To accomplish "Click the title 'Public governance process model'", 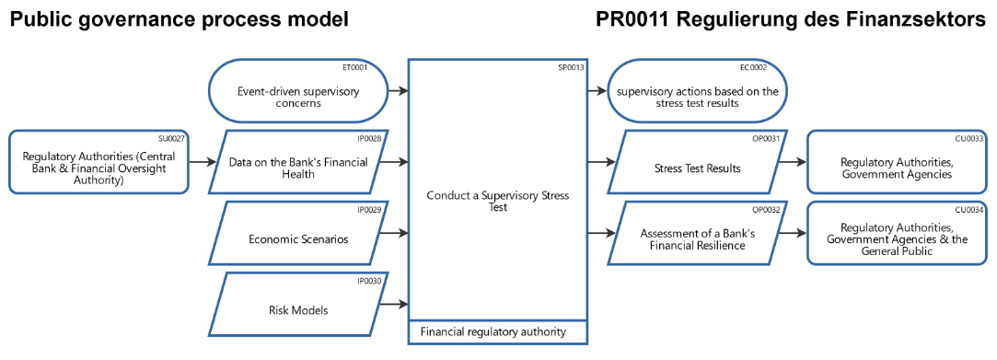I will coord(180,18).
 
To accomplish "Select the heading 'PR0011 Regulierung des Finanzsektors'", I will coord(791,18).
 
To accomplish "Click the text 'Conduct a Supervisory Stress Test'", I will coord(497,202).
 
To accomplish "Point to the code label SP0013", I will coord(570,67).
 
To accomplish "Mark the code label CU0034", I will coord(969,209).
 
